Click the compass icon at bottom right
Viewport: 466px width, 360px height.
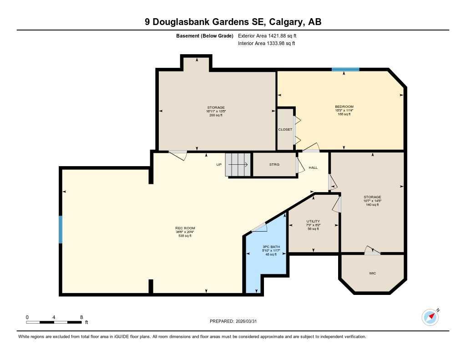(430, 317)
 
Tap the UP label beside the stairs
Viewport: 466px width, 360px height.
(219, 165)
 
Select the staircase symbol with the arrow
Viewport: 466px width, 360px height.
(238, 165)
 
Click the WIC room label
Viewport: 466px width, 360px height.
(372, 274)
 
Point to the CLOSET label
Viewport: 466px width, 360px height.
(285, 130)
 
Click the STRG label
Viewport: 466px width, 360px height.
(274, 165)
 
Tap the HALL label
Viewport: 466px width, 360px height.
(313, 168)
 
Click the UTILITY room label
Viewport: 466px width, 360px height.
(313, 221)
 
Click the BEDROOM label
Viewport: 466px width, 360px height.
(344, 106)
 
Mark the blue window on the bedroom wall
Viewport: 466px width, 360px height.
(345, 70)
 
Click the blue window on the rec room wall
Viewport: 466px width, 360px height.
(61, 229)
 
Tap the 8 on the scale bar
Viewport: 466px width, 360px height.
(81, 317)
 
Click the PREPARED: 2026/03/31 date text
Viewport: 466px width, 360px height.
(236, 321)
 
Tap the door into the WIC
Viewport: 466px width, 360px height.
(371, 251)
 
